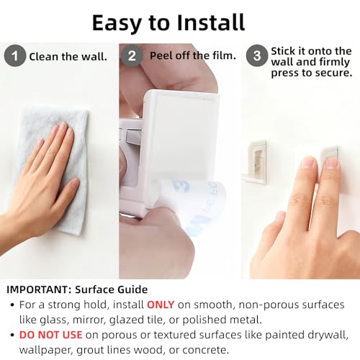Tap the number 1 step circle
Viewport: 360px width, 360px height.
point(15,56)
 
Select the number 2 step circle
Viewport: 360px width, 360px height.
point(132,56)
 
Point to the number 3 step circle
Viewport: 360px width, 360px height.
point(257,56)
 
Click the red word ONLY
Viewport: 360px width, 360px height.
point(161,305)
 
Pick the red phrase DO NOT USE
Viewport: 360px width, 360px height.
point(50,335)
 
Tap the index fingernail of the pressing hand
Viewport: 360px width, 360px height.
point(308,163)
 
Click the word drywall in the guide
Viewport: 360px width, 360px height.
point(328,336)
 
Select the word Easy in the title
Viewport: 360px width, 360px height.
point(117,23)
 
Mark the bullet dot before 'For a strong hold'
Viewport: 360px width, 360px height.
point(12,305)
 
